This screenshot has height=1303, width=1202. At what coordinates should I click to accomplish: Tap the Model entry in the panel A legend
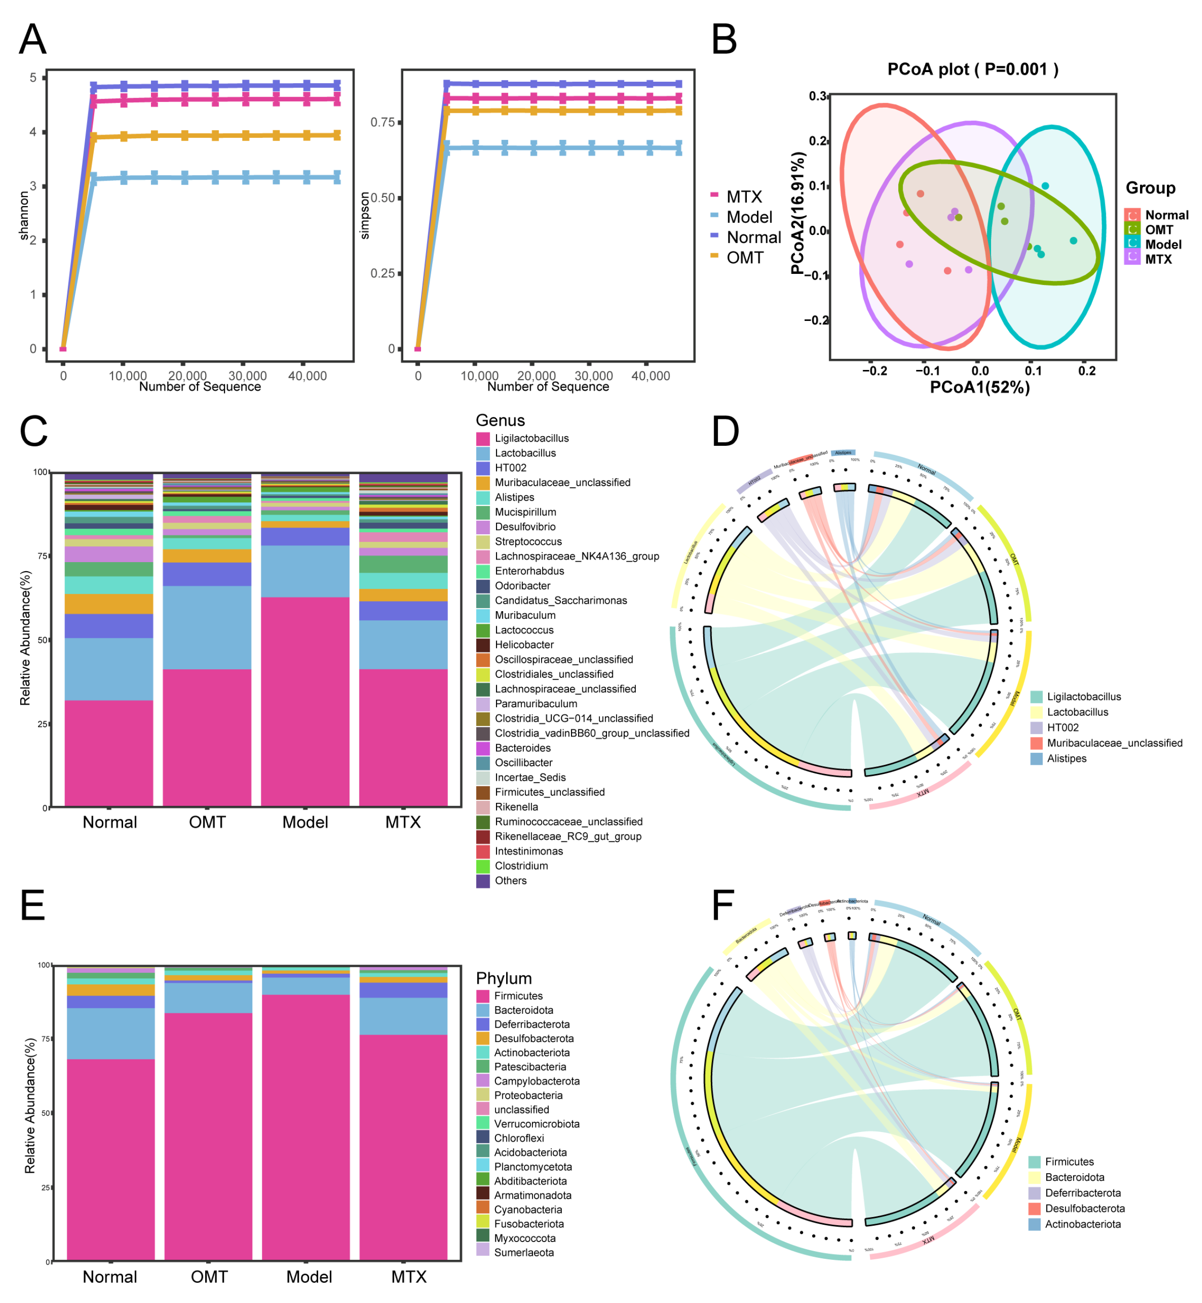(x=749, y=217)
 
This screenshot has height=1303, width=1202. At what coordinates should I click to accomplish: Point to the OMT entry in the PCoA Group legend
(x=1158, y=230)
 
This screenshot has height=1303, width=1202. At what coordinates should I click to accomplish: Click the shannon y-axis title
(x=25, y=215)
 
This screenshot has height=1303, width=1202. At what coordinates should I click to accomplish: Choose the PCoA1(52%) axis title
(x=979, y=388)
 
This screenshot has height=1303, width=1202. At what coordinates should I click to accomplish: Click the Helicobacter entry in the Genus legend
(x=523, y=644)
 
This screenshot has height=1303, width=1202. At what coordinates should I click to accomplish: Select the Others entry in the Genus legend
(x=510, y=880)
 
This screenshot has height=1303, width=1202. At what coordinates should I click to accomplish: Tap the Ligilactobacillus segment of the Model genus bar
(x=305, y=702)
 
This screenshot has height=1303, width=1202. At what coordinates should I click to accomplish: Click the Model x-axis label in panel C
(x=305, y=822)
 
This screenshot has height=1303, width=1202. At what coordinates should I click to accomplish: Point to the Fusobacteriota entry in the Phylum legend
(x=528, y=1224)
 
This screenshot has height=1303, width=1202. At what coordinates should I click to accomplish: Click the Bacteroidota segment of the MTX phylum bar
(x=403, y=1016)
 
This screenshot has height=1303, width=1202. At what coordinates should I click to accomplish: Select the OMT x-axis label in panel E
(x=209, y=1277)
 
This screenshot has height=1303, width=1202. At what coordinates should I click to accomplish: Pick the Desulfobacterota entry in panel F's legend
(x=1084, y=1208)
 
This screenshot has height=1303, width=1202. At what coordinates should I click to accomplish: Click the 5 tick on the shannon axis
(x=33, y=78)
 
